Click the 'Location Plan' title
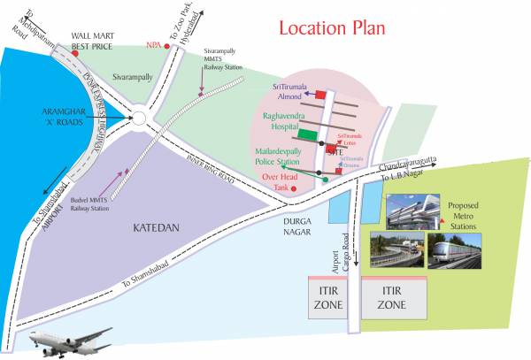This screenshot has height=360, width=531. tap(332, 27)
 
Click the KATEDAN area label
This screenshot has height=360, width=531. tap(157, 227)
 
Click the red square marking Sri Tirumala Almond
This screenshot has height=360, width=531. tap(321, 94)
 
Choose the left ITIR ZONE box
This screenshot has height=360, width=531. tap(324, 296)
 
